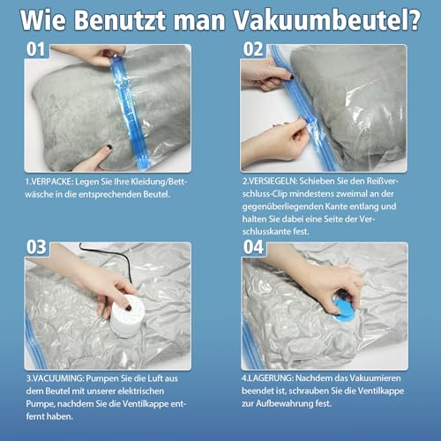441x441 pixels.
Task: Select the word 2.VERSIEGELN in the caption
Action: [x=273, y=183]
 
